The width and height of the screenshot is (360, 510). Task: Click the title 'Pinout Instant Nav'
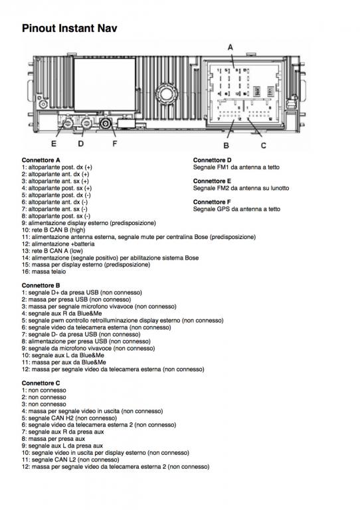(x=69, y=29)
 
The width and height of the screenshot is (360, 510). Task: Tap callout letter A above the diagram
(x=230, y=48)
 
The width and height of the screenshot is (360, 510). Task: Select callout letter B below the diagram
(x=226, y=145)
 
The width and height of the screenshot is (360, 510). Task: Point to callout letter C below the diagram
(x=264, y=145)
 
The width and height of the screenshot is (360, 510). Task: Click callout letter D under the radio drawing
(x=80, y=143)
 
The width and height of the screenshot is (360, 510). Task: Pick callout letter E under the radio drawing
(x=54, y=143)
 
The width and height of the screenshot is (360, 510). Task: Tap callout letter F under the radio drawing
(x=114, y=143)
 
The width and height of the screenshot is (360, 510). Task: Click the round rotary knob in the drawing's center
(x=165, y=94)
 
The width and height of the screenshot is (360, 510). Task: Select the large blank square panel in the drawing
(x=105, y=84)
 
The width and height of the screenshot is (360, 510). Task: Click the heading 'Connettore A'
(x=41, y=160)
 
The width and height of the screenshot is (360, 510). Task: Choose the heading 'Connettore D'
(x=212, y=160)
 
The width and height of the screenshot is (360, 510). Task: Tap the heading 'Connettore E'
(x=212, y=181)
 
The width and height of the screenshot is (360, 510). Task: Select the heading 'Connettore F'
(x=212, y=202)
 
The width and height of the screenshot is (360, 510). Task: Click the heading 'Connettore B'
(x=41, y=286)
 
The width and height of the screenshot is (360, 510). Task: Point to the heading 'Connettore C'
(x=41, y=383)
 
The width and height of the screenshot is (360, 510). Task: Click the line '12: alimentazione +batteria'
(x=58, y=244)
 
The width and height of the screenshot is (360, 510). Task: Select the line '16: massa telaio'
(x=44, y=272)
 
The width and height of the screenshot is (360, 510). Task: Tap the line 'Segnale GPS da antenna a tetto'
(x=236, y=209)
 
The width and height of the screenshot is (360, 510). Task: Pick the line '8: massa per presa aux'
(x=53, y=439)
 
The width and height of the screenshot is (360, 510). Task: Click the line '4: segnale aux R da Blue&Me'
(x=62, y=313)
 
